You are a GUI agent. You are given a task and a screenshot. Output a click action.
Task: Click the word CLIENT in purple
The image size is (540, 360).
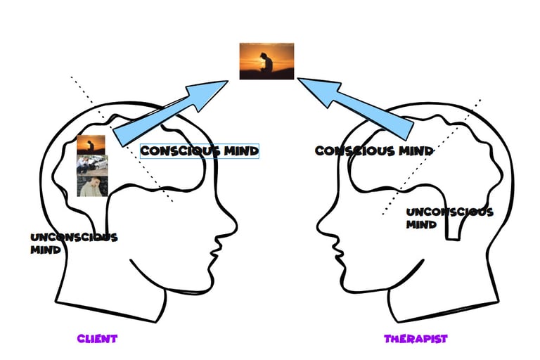97,339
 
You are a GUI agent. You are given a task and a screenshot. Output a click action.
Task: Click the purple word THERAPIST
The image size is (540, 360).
415,339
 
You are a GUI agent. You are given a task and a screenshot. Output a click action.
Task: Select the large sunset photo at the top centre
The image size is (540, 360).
266,61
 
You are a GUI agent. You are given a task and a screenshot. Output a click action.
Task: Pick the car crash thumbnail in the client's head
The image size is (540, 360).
91,165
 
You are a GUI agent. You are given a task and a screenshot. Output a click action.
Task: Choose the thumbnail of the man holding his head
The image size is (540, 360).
91,186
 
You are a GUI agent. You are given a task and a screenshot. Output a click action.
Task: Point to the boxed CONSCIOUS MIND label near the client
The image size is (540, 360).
200,150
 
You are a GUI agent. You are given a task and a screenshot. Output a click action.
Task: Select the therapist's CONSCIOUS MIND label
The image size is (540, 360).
373,151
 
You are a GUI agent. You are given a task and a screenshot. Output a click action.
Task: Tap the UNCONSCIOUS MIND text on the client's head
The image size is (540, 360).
72,243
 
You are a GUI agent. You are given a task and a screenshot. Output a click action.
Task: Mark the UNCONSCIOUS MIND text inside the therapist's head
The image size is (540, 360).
449,218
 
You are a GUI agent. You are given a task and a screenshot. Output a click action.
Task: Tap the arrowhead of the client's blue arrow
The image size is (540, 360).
211,91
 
